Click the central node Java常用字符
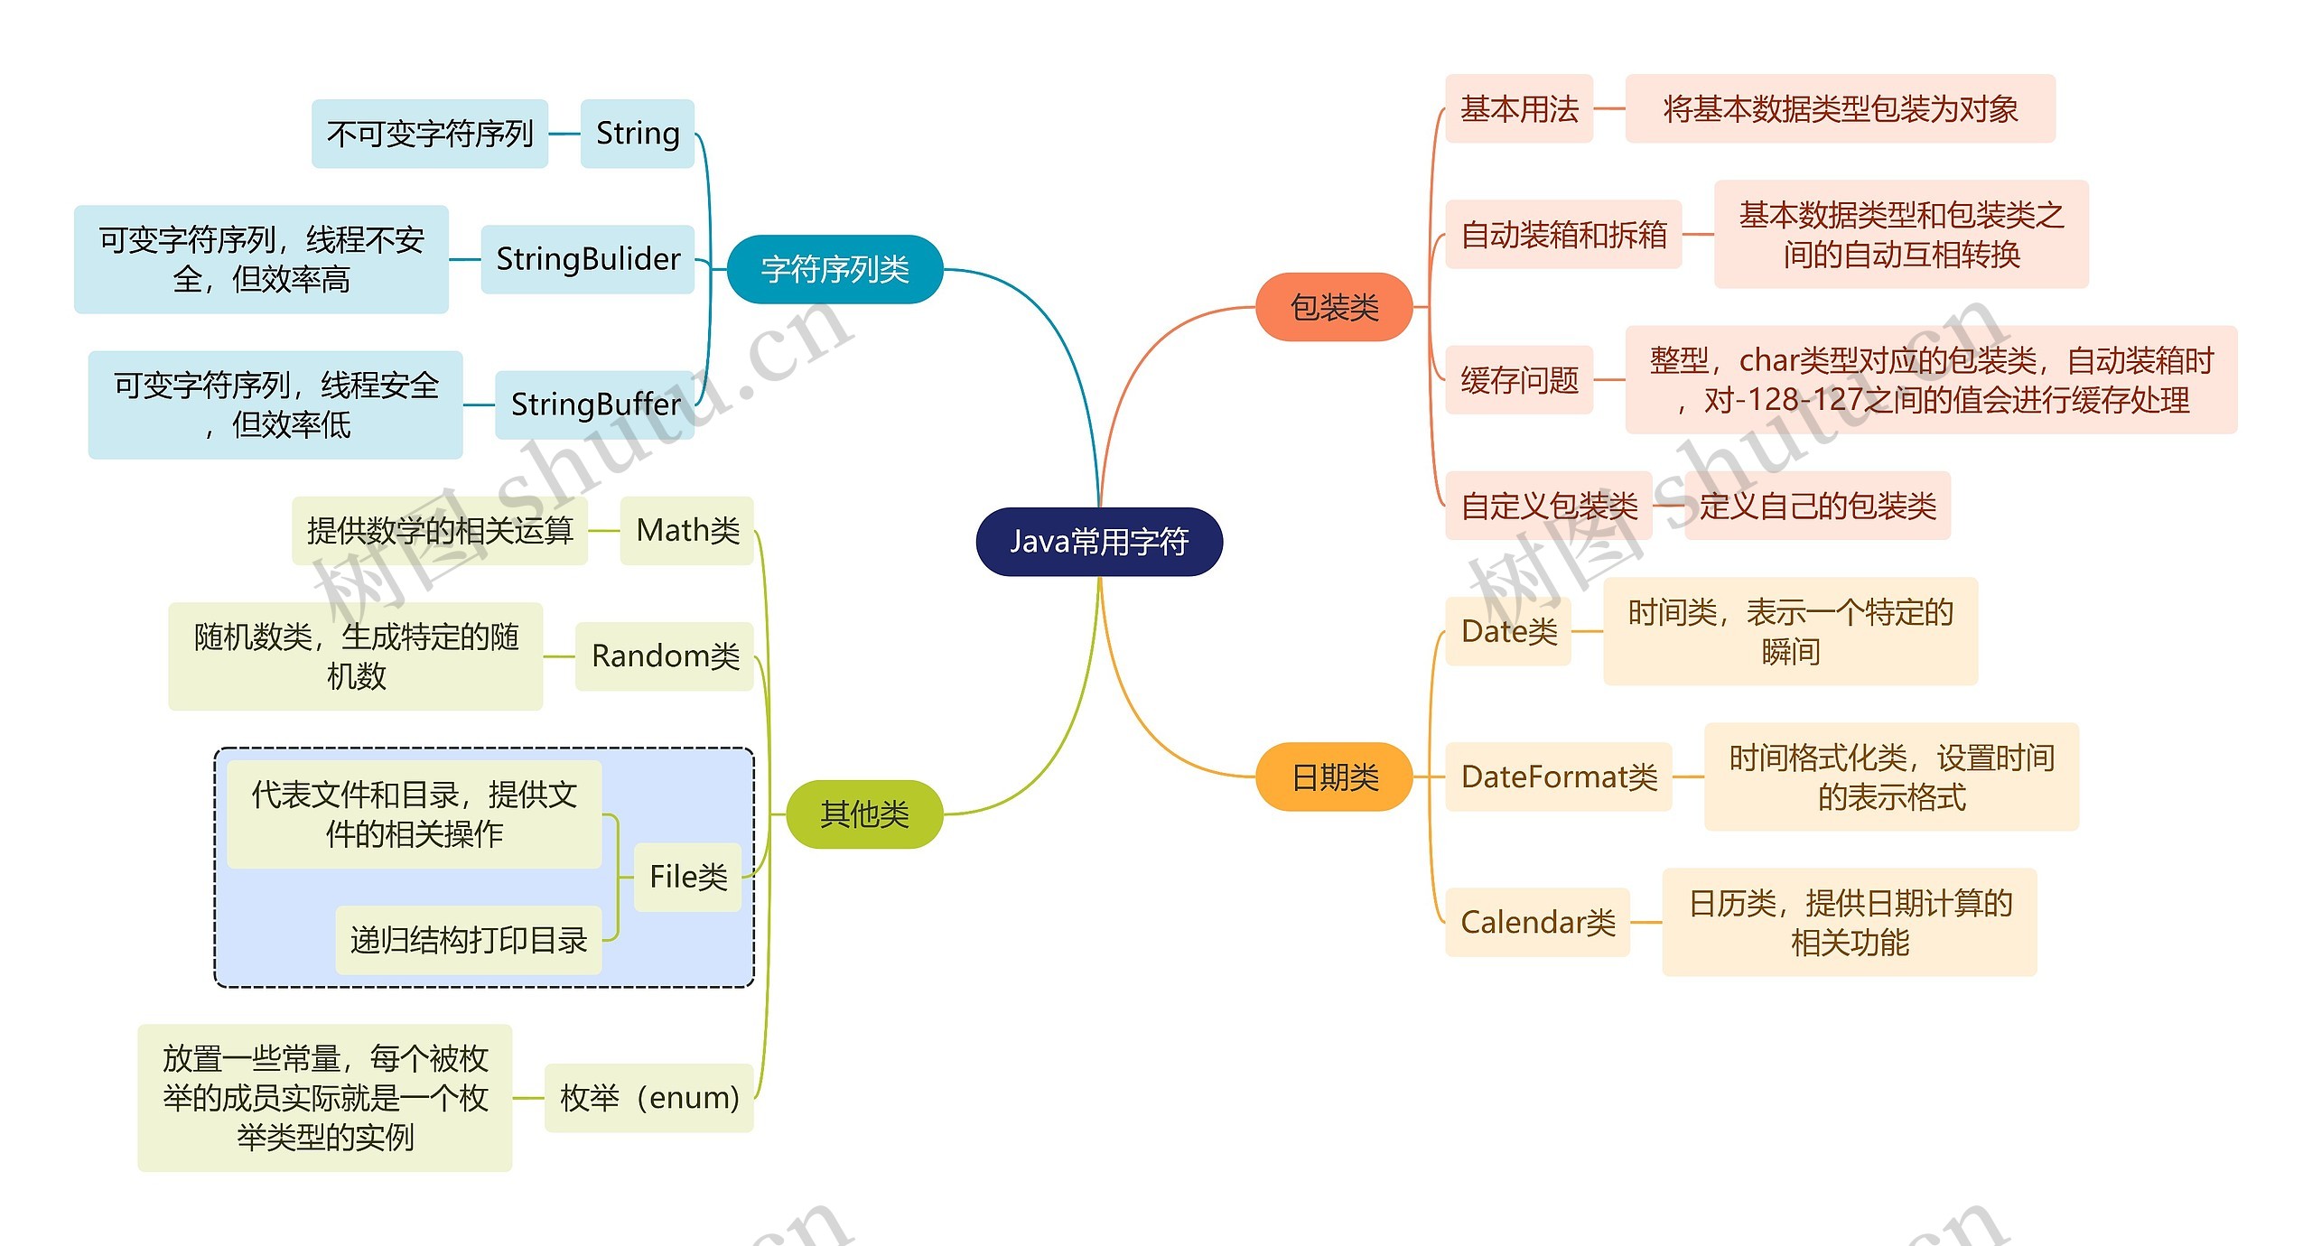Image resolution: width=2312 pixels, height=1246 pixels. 1099,542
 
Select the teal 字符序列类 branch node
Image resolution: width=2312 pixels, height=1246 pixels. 834,269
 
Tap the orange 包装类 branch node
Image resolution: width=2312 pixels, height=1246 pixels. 1334,307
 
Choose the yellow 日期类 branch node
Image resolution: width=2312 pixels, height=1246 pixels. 1334,776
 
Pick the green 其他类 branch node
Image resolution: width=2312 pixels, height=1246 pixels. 864,814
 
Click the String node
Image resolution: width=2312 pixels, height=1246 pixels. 638,134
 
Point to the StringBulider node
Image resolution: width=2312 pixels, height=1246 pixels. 588,259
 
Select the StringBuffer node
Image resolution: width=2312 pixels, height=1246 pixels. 595,404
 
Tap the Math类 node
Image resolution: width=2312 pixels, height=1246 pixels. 687,530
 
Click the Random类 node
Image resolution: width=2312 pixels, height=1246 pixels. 665,656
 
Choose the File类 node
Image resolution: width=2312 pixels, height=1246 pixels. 688,877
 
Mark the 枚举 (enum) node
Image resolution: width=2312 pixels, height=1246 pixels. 649,1098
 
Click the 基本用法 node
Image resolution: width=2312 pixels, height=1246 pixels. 1519,108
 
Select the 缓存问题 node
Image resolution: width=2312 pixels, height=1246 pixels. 1519,380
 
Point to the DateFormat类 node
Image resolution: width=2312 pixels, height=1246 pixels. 1559,776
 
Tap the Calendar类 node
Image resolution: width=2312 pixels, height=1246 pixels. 1537,922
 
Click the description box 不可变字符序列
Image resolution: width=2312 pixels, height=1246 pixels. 430,134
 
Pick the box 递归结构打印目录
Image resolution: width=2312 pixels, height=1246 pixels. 469,940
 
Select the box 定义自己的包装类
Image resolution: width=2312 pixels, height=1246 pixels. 1817,506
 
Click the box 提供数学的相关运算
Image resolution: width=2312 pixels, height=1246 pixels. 440,530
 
